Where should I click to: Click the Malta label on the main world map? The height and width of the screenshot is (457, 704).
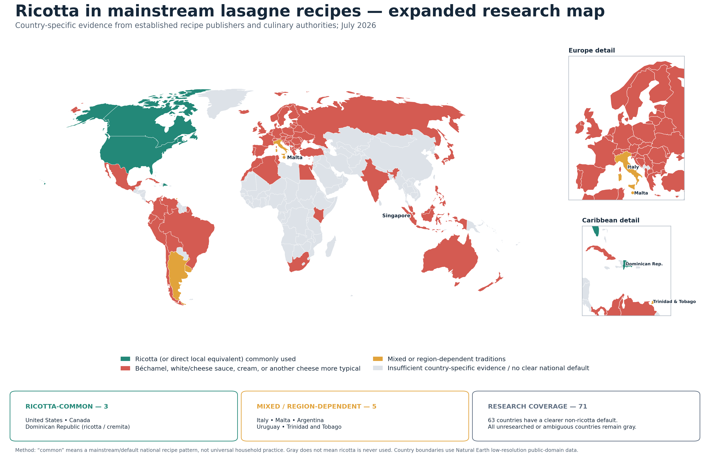[x=295, y=157]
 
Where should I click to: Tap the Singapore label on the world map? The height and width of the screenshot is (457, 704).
[x=396, y=216]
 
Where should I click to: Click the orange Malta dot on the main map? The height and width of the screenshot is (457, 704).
[x=284, y=157]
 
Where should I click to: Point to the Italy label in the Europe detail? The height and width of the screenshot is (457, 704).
[x=633, y=167]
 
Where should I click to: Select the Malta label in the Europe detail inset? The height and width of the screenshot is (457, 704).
[x=641, y=193]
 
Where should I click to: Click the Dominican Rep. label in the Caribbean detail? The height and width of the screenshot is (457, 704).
[x=644, y=264]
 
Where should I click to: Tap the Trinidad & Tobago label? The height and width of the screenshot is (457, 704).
[x=674, y=301]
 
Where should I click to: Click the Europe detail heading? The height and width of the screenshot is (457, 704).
[x=592, y=50]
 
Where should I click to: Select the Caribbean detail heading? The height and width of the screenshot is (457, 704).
[x=610, y=220]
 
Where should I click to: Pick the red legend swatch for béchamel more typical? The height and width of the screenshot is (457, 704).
[x=125, y=368]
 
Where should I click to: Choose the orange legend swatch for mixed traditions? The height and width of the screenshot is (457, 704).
[x=378, y=359]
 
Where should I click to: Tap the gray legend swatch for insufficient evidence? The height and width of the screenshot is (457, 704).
[x=378, y=368]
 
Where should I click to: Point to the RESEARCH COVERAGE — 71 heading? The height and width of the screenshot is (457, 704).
[x=537, y=407]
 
